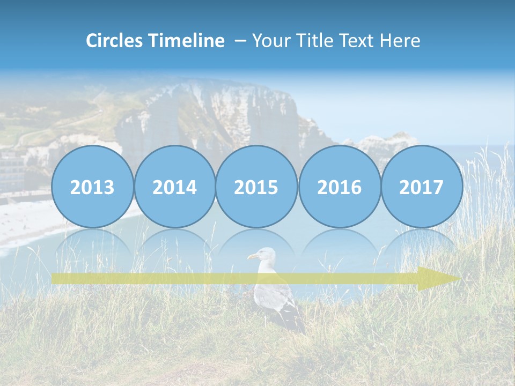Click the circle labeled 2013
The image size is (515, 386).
click(92, 187)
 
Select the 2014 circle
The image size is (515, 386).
click(174, 187)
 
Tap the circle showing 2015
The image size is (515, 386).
click(256, 187)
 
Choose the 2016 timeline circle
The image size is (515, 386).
click(339, 187)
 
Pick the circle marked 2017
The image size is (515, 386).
click(422, 187)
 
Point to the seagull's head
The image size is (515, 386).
click(263, 255)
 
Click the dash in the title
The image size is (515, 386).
click(240, 41)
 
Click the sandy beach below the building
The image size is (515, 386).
click(21, 220)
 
